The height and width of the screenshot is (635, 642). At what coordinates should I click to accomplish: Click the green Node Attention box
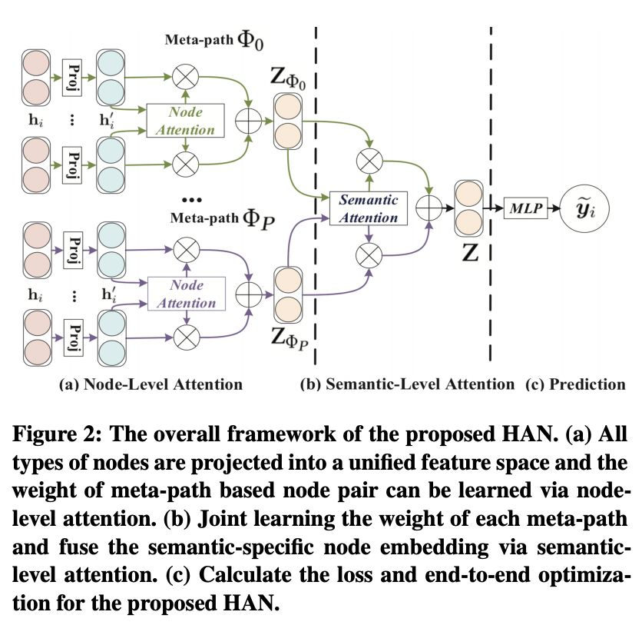185,120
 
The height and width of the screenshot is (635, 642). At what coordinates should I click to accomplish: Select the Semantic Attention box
368,208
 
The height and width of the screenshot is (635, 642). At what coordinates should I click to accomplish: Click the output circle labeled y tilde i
586,207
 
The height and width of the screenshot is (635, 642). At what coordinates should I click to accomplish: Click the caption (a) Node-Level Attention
151,384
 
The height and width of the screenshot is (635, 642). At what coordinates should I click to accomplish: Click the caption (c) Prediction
575,384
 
